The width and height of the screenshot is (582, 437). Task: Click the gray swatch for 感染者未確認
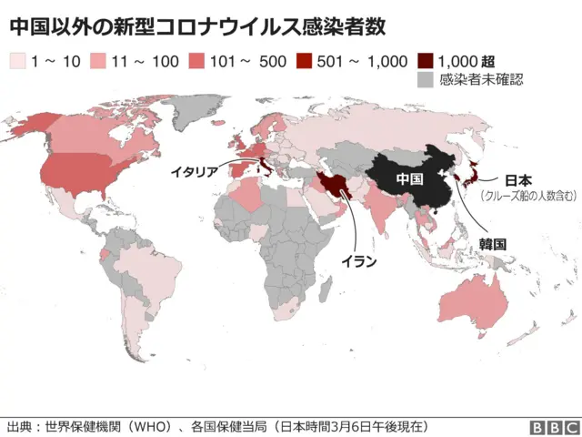tap(425, 79)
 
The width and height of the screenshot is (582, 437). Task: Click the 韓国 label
tap(492, 244)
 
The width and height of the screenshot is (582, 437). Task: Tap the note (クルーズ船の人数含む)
tap(529, 196)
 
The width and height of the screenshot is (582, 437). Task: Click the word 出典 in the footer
tap(19, 426)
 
